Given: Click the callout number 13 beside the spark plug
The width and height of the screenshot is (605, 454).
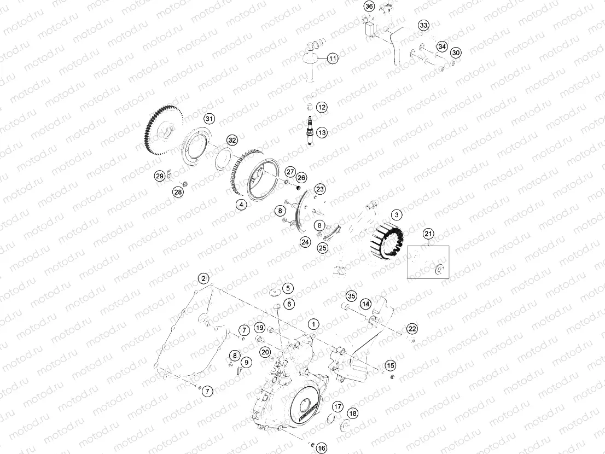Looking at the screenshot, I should click(x=322, y=132).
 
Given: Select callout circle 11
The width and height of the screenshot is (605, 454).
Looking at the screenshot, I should click(x=333, y=58).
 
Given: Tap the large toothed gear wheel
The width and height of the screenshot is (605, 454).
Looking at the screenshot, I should click(x=160, y=131).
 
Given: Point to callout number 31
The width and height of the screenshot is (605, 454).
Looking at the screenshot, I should click(x=210, y=119).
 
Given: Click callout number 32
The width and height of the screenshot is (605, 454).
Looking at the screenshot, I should click(x=232, y=140).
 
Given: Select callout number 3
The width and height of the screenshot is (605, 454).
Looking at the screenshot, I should click(x=396, y=215).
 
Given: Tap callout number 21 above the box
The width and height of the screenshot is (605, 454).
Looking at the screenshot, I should click(x=428, y=234).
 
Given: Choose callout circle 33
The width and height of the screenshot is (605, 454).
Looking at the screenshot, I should click(x=423, y=26).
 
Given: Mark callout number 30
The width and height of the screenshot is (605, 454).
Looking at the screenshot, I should click(x=456, y=53).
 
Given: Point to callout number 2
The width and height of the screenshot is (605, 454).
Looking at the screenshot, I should click(x=203, y=278).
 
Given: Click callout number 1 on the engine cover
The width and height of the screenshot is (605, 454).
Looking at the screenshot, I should click(x=313, y=324).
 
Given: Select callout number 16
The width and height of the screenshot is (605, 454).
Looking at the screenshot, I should click(x=321, y=448).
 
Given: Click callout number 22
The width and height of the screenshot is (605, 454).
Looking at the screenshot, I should click(x=412, y=328).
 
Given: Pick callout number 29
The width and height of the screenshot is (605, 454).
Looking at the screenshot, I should click(x=160, y=176).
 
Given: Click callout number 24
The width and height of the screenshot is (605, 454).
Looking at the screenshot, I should click(x=305, y=241).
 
